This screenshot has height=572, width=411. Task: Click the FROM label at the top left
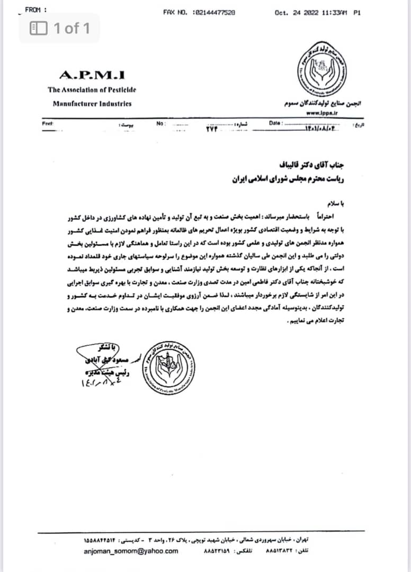35,10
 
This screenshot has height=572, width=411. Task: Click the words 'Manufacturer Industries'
92,104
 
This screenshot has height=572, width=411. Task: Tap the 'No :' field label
162,123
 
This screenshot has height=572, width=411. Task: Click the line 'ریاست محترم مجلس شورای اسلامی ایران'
289,180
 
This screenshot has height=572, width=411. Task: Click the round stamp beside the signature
170,366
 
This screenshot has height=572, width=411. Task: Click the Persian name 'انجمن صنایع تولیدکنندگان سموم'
323,104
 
